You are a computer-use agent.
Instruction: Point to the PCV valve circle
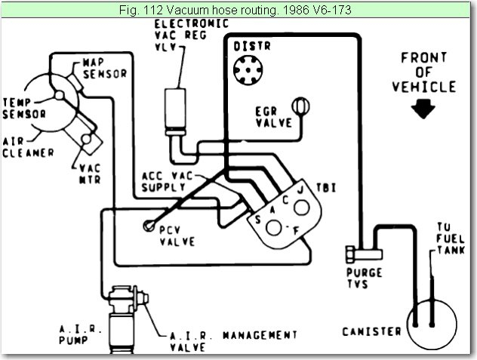click(x=149, y=226)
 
